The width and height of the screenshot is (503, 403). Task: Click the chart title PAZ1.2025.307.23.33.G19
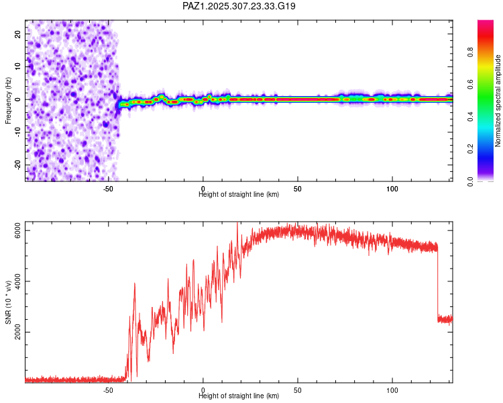[x=239, y=6]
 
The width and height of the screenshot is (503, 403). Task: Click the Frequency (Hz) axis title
[x=8, y=100]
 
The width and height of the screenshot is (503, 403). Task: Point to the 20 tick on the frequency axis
[x=18, y=34]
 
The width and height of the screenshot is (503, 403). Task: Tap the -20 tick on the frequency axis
[x=18, y=165]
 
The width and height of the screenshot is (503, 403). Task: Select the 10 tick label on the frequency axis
[x=18, y=66]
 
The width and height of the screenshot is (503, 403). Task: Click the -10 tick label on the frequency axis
[x=18, y=132]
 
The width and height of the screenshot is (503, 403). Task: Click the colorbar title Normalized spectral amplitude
[x=498, y=100]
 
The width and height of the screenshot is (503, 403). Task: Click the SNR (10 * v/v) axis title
[x=8, y=302]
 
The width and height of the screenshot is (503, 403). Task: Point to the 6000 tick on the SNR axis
[x=18, y=231]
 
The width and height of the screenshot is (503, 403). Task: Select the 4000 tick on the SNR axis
[x=18, y=281]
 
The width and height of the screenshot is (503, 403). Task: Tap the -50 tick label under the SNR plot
[x=108, y=390]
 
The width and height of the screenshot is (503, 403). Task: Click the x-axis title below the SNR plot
[x=239, y=396]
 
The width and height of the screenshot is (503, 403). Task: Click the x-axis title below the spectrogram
[x=239, y=195]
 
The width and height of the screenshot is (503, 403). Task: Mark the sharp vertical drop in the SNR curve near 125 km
[x=437, y=282]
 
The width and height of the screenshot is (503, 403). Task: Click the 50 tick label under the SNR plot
[x=297, y=390]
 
